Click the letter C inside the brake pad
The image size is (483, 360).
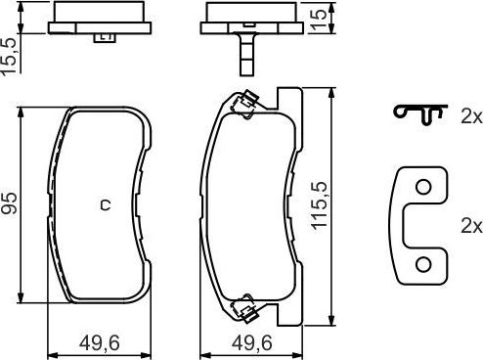coord(105,204)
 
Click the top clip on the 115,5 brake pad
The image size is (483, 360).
coord(243,101)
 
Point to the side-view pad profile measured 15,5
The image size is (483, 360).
coord(104,20)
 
